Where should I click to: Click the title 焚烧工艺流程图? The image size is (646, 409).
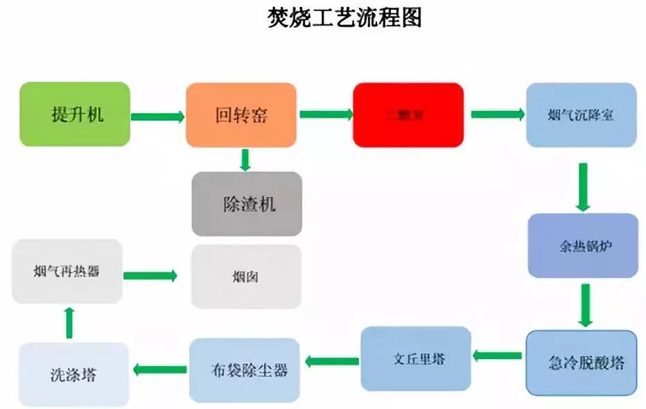tap(344, 18)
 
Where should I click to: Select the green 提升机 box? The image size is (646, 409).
tap(75, 114)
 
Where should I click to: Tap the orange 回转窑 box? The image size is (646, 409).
tap(241, 114)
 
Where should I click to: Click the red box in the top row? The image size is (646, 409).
tap(408, 114)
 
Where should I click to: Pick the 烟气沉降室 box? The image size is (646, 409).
tap(581, 114)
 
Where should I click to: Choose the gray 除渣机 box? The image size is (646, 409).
tap(247, 204)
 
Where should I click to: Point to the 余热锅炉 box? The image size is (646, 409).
tap(582, 245)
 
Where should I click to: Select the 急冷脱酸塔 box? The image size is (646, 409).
tap(581, 363)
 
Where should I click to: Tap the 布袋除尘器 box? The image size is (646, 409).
tap(245, 369)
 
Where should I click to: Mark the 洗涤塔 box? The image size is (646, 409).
tap(73, 375)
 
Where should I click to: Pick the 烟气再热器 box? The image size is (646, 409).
tap(67, 271)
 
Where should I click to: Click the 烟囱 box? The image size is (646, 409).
tap(246, 277)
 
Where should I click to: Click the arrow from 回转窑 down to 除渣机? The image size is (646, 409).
tap(245, 159)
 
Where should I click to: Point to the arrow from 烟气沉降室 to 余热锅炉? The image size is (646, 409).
tap(583, 187)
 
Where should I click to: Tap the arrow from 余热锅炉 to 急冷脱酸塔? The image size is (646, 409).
tap(585, 305)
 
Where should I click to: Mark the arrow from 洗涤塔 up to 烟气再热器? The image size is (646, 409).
tap(69, 322)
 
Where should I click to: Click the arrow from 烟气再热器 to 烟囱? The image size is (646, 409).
tap(150, 276)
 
